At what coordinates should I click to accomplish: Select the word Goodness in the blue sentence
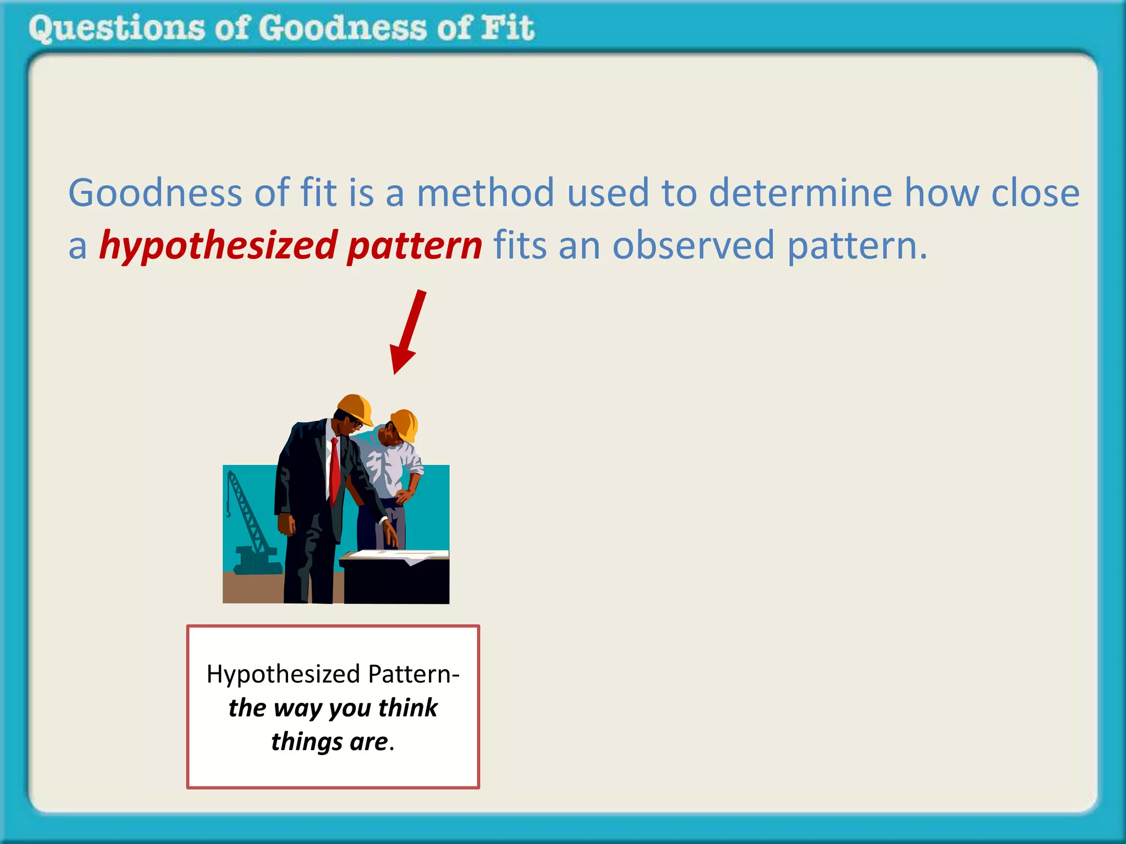[155, 193]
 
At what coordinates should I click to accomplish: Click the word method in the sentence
[485, 193]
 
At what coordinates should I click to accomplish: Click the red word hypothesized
[218, 246]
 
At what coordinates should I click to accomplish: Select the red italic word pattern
[415, 246]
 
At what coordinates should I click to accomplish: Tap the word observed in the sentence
[693, 246]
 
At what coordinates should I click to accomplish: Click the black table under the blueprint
[396, 582]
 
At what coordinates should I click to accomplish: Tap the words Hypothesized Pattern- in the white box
[333, 674]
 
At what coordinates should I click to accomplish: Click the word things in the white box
[306, 742]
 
